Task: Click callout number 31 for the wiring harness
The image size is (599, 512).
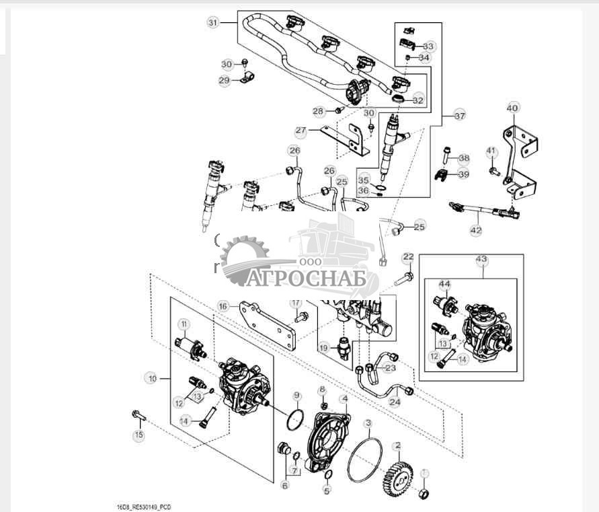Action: (213, 23)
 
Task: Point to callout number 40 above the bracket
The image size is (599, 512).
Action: (513, 108)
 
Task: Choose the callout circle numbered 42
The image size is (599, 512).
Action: (476, 230)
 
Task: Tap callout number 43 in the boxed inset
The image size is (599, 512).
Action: (481, 260)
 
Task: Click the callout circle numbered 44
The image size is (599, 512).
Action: (445, 284)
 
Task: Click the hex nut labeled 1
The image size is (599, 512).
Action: (424, 495)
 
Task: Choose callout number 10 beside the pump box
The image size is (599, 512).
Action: (153, 379)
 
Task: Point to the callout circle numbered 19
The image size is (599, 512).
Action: (323, 349)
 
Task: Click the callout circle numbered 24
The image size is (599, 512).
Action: (395, 403)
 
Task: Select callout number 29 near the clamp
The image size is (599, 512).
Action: (225, 80)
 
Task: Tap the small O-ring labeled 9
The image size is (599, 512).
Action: (293, 421)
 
